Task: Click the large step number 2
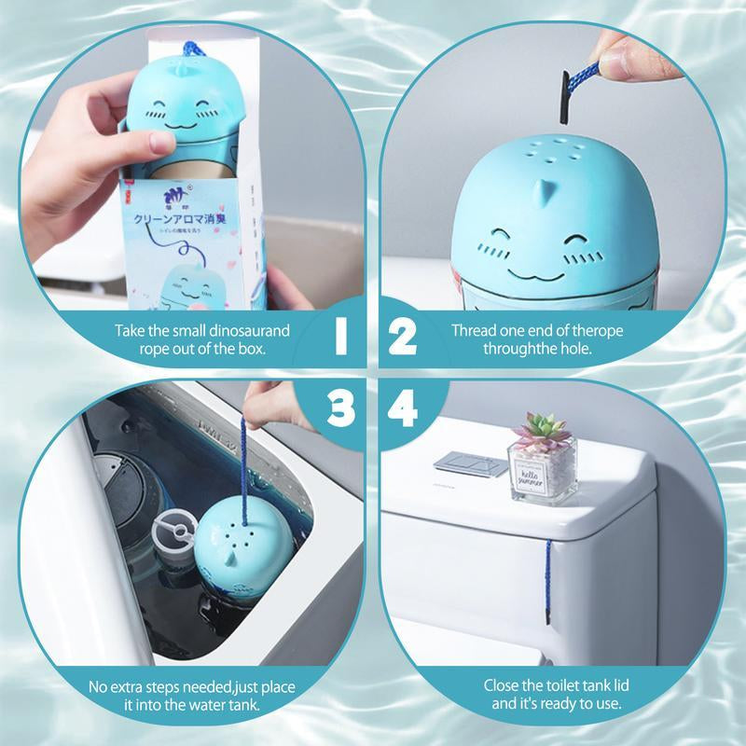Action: (x=403, y=338)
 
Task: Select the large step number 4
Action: (x=404, y=407)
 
